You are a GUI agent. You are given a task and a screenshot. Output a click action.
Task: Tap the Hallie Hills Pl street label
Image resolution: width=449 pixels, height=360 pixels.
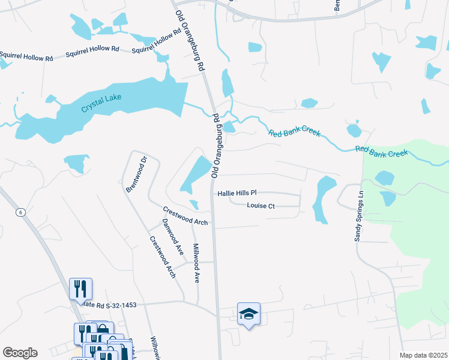(x=237, y=193)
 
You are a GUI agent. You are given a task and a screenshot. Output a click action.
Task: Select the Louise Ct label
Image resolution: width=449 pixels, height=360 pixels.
(x=261, y=206)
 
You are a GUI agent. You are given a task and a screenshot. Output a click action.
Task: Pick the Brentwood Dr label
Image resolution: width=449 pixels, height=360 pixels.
(x=136, y=174)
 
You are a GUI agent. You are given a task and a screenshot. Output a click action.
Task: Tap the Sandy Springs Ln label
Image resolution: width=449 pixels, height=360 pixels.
(x=359, y=216)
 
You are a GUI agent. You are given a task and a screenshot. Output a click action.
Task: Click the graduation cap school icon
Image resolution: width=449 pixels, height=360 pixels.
(x=249, y=313)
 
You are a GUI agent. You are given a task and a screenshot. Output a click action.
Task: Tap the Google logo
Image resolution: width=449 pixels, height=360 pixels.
(x=20, y=353)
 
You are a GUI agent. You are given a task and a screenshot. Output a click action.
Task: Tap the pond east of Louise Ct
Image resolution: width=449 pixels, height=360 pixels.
(x=324, y=199)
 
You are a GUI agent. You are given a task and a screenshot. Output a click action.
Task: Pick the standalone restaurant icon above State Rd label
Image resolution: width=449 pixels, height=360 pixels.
(x=80, y=289)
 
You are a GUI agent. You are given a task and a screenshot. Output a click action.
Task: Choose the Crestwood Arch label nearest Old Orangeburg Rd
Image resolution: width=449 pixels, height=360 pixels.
(x=185, y=216)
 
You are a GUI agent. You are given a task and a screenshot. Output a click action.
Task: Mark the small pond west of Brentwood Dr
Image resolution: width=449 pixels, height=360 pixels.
(x=76, y=163)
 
